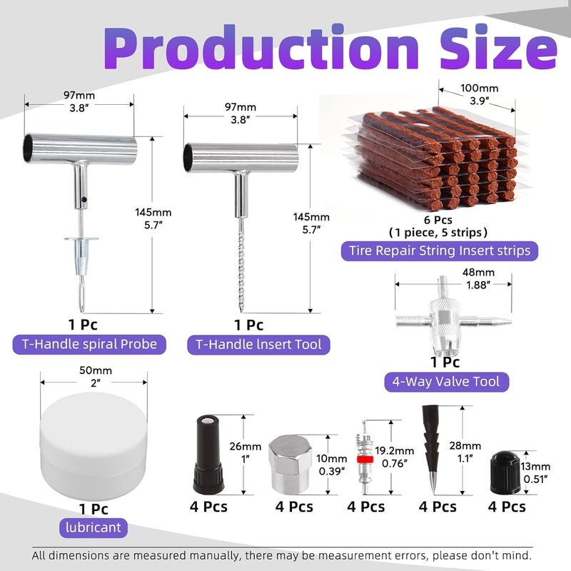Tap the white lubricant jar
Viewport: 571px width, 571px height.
point(94,443)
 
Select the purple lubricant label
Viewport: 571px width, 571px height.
point(94,527)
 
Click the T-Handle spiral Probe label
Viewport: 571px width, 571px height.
point(89,345)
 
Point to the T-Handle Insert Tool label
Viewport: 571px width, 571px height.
point(258,345)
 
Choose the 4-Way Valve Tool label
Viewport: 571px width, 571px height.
point(447,382)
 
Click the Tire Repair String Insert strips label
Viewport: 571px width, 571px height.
point(440,251)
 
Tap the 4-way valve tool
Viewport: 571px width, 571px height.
point(453,317)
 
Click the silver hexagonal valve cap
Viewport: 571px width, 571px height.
point(290,465)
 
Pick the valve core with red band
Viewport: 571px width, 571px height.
point(365,458)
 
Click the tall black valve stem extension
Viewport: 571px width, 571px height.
point(208,455)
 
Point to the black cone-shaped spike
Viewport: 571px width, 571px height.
point(431,450)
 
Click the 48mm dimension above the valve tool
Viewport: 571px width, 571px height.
point(478,273)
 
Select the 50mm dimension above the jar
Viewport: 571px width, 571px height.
point(96,370)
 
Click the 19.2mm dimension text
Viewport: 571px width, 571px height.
point(395,451)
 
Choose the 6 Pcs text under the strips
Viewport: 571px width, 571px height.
point(438,220)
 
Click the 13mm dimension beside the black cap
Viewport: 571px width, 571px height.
point(535,467)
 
